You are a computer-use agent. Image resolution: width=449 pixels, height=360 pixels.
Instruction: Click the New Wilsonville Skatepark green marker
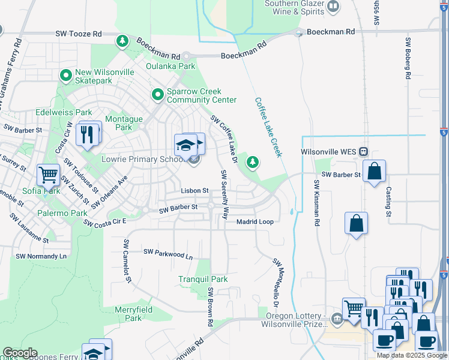[66, 76]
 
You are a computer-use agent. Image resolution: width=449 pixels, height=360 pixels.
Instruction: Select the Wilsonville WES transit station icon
[364, 152]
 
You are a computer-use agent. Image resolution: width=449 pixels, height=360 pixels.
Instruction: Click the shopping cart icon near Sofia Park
[48, 175]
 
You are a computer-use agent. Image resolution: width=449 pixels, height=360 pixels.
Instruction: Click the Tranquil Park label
[203, 279]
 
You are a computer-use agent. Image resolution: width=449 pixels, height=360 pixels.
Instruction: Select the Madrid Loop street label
[255, 222]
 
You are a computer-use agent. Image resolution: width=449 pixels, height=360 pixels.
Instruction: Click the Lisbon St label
[194, 191]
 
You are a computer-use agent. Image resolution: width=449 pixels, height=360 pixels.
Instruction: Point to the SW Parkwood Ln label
[168, 254]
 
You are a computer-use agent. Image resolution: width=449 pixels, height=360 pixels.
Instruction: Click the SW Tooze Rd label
[78, 35]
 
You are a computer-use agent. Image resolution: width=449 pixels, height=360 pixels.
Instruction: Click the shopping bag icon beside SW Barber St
[374, 172]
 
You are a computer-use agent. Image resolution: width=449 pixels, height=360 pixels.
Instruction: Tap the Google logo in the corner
[19, 353]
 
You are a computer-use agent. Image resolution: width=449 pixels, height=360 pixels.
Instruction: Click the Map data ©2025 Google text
[412, 355]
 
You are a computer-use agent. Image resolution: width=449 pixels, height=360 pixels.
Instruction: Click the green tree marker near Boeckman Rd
[122, 41]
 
